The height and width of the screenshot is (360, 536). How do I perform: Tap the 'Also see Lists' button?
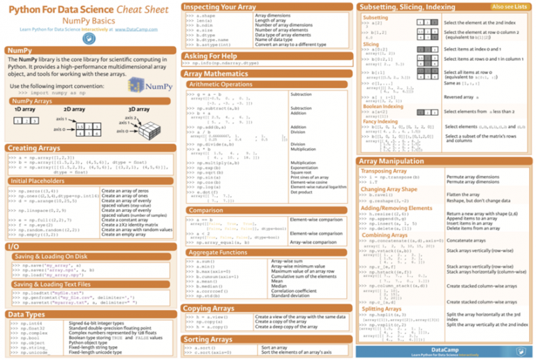tap(509, 6)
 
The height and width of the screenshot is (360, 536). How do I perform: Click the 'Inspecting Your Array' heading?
tap(218, 6)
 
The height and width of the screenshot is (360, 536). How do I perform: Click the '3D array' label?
tap(139, 110)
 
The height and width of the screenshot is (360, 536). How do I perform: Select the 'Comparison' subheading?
tap(206, 209)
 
